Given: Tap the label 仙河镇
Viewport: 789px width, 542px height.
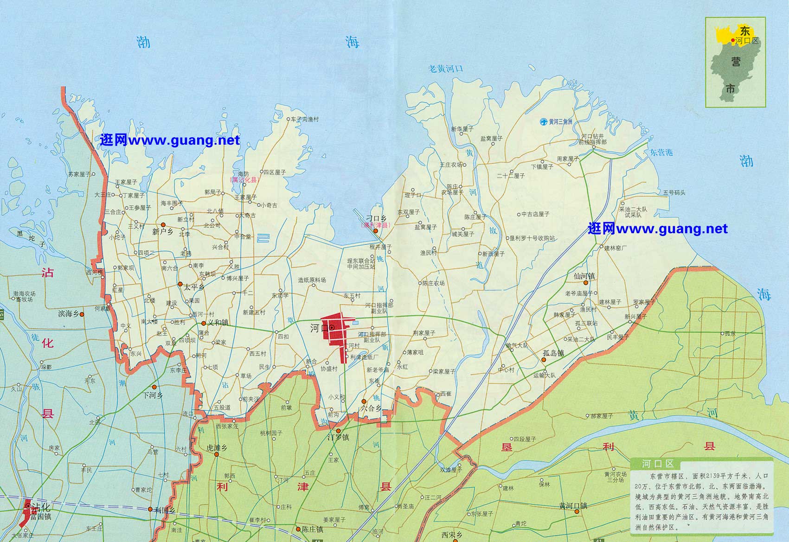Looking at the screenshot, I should (x=584, y=276).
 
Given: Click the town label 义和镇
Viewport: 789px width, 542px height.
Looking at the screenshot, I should (x=218, y=323).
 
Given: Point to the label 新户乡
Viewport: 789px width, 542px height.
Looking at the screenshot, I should (x=162, y=232).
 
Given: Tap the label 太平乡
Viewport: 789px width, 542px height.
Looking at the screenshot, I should (x=193, y=287).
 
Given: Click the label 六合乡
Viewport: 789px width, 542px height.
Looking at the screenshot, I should (x=371, y=408).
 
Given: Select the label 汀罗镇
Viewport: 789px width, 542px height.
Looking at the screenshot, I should (x=338, y=437).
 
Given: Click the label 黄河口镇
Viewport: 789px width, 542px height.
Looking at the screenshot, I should (x=573, y=505).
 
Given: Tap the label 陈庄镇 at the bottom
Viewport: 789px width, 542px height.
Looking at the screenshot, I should (x=312, y=529).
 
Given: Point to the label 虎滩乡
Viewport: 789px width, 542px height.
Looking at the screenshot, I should (x=217, y=448).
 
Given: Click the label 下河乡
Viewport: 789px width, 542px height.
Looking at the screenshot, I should (x=153, y=395).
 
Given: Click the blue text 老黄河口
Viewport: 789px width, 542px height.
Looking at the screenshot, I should (x=445, y=69).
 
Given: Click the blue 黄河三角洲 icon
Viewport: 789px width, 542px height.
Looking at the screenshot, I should (x=542, y=121).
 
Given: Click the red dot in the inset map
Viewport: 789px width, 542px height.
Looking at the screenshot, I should (x=733, y=41).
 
